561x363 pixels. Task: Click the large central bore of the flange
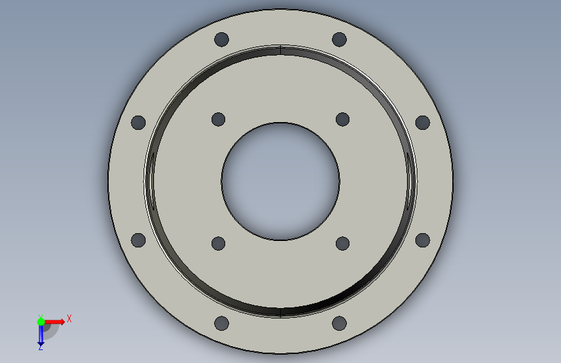click(281, 181)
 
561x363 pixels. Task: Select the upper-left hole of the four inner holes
click(218, 119)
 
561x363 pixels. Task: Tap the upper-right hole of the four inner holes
click(343, 119)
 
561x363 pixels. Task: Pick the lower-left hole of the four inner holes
click(218, 244)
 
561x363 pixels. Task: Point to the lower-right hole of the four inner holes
click(343, 244)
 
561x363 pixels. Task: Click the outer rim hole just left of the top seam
click(221, 39)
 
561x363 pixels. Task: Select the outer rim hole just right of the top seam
click(339, 39)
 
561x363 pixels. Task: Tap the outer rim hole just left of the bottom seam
click(221, 324)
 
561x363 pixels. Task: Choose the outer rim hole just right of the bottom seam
click(339, 324)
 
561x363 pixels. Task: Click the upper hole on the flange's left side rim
click(138, 123)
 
